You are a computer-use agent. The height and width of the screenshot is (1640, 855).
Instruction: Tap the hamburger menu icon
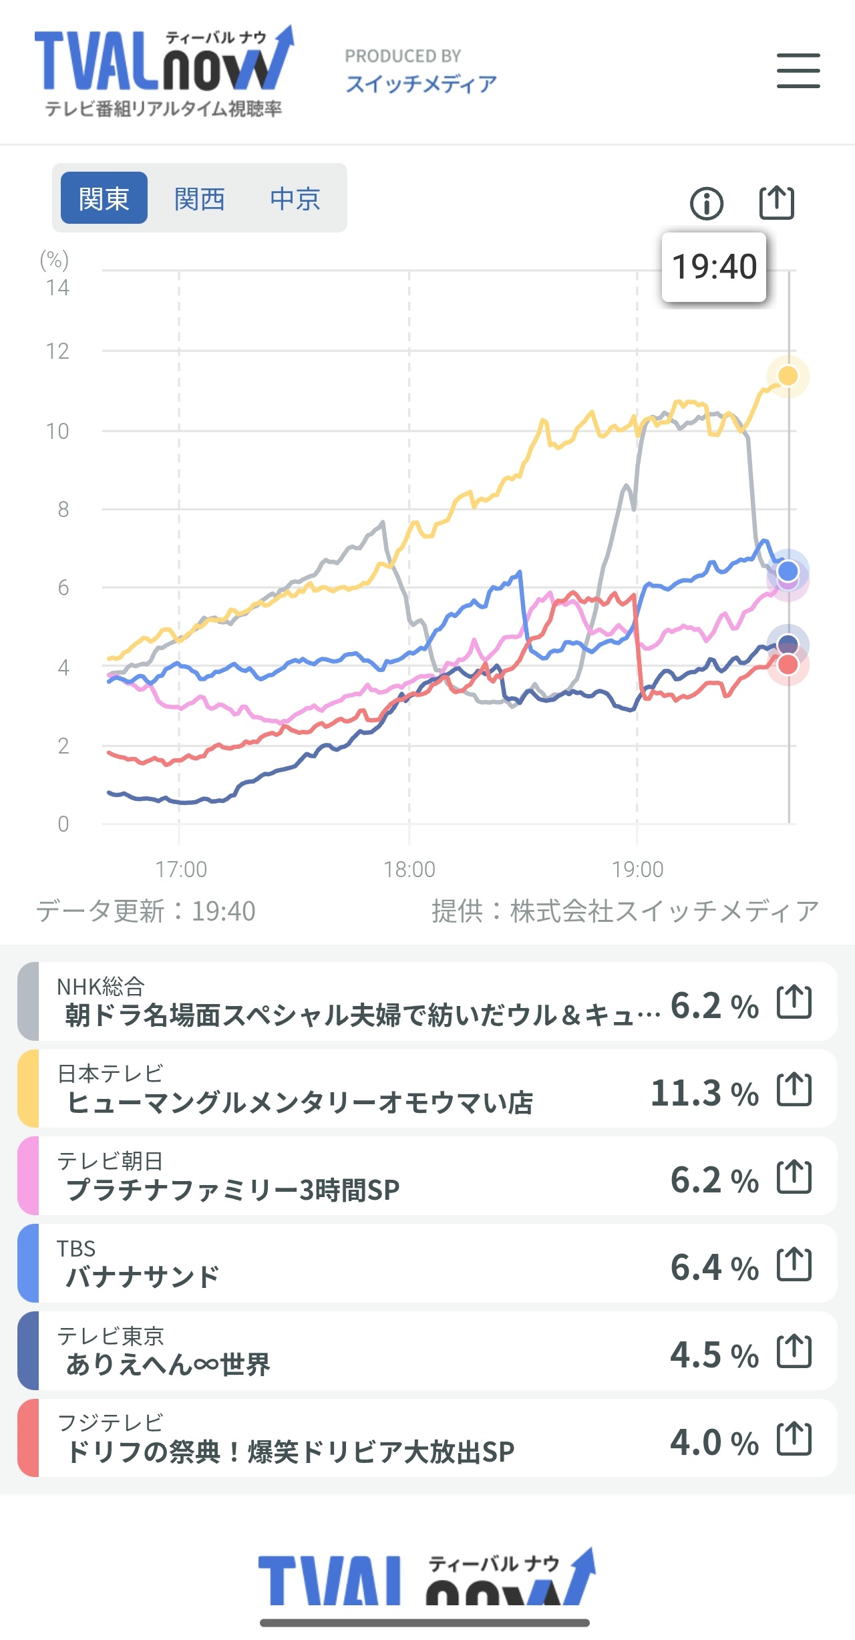coord(798,71)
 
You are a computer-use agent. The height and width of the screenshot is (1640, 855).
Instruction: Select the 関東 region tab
coord(104,198)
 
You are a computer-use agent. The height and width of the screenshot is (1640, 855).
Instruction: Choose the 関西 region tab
coord(199,198)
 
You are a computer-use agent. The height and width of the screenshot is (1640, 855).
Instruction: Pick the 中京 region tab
coord(295,198)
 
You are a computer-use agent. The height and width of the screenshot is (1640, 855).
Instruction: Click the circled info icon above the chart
coord(706,203)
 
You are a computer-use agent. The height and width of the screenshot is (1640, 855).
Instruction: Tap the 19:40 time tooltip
coord(713,267)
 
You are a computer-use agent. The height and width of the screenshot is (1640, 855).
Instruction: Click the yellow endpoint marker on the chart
coord(788,376)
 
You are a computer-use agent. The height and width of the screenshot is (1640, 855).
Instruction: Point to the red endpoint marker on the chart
coord(788,665)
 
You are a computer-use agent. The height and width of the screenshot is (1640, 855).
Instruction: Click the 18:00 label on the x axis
coord(409,869)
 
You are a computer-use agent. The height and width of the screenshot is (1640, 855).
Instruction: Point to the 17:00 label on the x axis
coord(181,869)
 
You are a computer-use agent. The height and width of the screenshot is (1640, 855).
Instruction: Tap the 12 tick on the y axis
coord(57,351)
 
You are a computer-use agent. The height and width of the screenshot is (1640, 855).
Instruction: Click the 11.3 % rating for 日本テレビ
coord(704,1094)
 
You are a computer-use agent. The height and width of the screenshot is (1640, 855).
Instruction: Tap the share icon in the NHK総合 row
coord(794,1001)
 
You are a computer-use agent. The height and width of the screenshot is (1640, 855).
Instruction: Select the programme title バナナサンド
coord(142,1277)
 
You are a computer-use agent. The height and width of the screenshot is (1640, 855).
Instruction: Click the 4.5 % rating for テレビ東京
coord(714,1355)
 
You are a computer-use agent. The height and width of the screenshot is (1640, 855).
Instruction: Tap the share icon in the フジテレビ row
coord(794,1438)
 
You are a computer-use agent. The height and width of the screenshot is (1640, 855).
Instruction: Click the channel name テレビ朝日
coord(110,1161)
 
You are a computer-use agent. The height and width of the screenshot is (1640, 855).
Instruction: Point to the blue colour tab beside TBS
coord(28,1263)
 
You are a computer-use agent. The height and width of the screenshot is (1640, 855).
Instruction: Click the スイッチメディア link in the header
coord(421,84)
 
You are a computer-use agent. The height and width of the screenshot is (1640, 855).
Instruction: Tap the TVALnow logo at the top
coord(164,70)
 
